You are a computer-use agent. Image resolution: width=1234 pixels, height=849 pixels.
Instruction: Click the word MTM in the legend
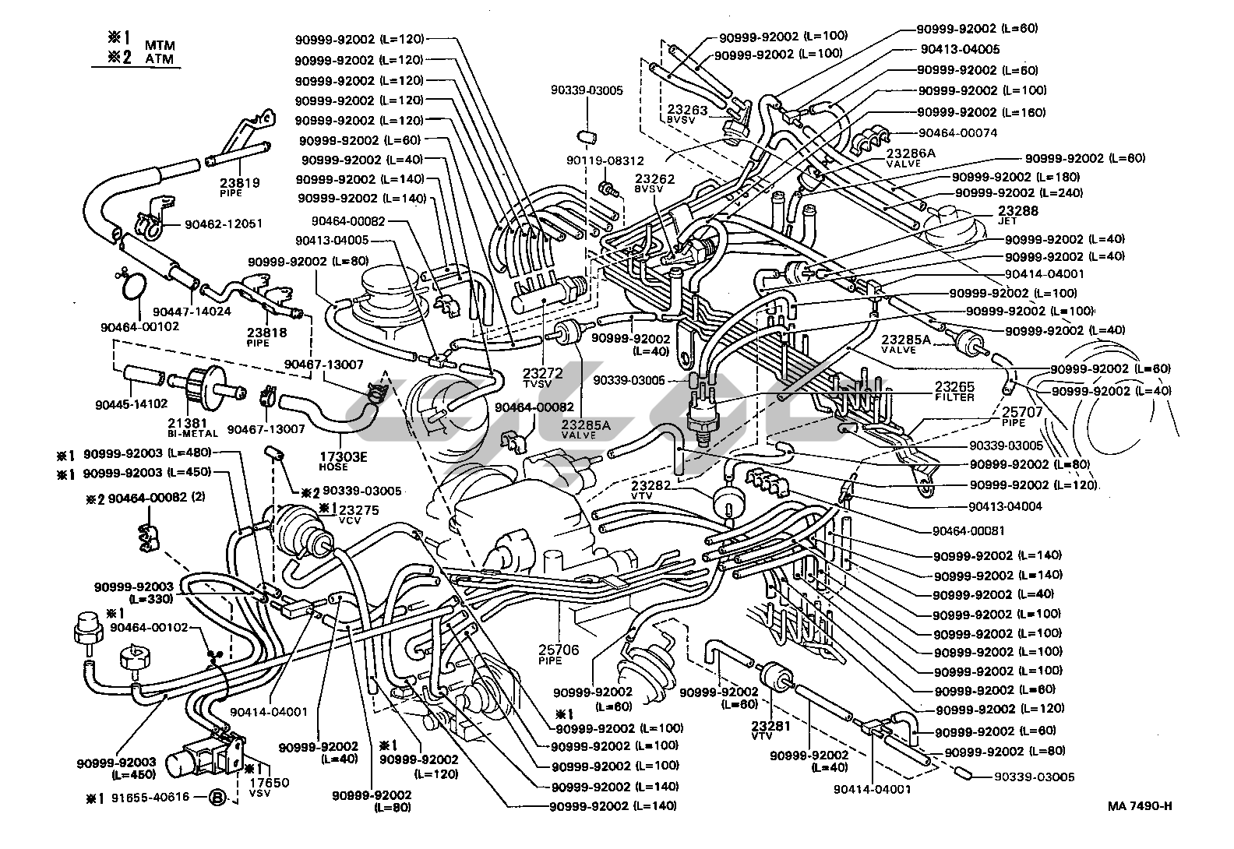[159, 46]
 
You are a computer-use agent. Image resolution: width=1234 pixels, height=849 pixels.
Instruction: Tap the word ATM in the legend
[159, 59]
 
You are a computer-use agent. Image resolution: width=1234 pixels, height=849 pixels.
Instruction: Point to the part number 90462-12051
[224, 224]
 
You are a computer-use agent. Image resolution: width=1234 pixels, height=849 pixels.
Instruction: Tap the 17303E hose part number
[343, 456]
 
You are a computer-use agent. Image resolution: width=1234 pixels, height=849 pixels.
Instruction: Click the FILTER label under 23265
[954, 397]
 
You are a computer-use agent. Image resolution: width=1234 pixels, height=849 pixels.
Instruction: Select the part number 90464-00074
[957, 133]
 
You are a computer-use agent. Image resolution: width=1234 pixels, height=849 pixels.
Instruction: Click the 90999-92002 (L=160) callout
[982, 112]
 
